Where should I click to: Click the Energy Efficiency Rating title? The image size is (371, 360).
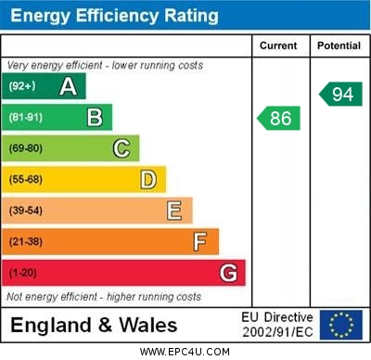[x=114, y=16]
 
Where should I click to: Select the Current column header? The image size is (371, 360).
[x=278, y=45]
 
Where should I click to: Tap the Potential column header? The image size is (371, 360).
[x=339, y=45]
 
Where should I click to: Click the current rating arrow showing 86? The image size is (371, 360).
[x=279, y=118]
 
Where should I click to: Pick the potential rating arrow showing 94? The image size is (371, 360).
[x=340, y=94]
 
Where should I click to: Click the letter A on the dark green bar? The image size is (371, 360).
[x=68, y=86]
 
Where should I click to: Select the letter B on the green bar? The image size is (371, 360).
[x=95, y=118]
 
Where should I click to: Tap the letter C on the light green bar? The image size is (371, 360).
[x=122, y=148]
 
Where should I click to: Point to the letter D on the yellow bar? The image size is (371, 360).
[x=148, y=179]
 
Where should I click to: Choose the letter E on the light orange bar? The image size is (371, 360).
[x=174, y=211]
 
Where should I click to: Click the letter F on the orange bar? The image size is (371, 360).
[x=200, y=241]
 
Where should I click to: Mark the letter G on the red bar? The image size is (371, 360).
[x=228, y=273]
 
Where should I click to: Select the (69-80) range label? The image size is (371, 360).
[x=26, y=148]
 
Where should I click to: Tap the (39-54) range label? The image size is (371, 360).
[x=26, y=211]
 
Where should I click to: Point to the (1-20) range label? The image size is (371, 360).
[x=23, y=273]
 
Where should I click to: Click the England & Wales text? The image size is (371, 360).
[x=94, y=325]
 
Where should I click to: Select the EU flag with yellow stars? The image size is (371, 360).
[x=340, y=325]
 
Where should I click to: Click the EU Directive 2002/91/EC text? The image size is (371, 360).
[x=277, y=325]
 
